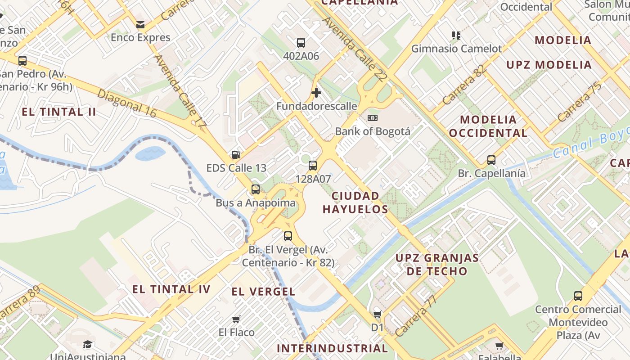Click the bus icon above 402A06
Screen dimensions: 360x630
tap(301, 43)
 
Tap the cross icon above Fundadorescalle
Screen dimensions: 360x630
tap(316, 93)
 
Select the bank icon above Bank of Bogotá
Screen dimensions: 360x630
tap(373, 118)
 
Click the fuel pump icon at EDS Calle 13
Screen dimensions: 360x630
tap(236, 155)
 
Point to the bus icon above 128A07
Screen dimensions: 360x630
tap(313, 165)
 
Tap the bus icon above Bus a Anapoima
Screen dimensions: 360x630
tap(256, 189)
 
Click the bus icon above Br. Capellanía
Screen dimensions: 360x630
tap(491, 160)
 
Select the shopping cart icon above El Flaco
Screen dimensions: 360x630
tap(236, 319)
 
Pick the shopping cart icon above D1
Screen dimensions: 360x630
tap(377, 314)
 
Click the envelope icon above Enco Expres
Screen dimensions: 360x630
tap(140, 24)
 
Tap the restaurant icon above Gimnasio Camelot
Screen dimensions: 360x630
tap(456, 35)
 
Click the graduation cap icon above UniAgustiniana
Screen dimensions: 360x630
tap(87, 345)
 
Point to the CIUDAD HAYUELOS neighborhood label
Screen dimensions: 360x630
tap(355, 202)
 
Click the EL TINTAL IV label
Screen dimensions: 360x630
tap(171, 289)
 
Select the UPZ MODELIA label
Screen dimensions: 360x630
tap(549, 65)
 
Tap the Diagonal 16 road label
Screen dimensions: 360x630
tap(126, 103)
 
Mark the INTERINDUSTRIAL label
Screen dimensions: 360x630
tap(332, 348)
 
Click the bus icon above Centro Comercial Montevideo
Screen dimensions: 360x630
tap(578, 296)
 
